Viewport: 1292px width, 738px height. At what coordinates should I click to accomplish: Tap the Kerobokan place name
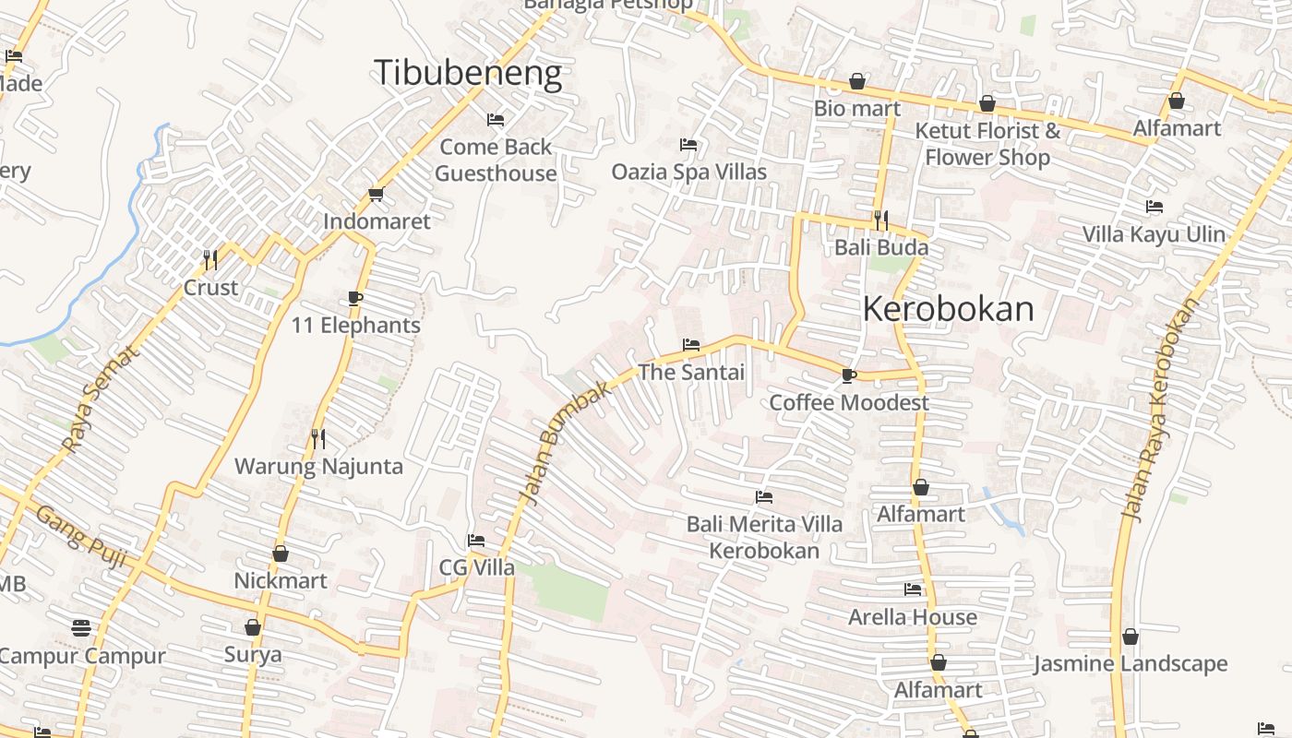948,309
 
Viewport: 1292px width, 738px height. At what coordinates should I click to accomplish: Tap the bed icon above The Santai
690,345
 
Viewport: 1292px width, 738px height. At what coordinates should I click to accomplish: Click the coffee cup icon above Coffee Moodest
848,375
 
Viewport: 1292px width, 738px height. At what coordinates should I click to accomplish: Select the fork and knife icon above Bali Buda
881,220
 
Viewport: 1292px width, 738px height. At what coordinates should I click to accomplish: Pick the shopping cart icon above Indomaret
376,194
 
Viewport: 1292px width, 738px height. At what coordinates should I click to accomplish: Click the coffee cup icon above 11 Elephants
355,298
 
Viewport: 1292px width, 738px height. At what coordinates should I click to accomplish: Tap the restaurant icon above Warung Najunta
318,438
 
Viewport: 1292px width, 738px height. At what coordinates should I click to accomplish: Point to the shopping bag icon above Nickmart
281,553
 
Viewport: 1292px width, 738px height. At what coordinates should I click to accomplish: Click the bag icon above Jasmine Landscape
1130,637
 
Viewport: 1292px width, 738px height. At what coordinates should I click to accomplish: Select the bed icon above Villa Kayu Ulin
1154,207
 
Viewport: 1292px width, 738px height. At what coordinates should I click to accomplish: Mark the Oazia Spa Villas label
689,173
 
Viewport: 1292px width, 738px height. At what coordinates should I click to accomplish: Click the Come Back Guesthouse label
496,160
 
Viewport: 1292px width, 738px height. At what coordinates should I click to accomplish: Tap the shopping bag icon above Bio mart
857,81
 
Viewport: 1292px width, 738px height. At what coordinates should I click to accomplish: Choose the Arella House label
913,617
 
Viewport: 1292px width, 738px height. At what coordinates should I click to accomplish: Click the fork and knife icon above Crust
210,260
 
